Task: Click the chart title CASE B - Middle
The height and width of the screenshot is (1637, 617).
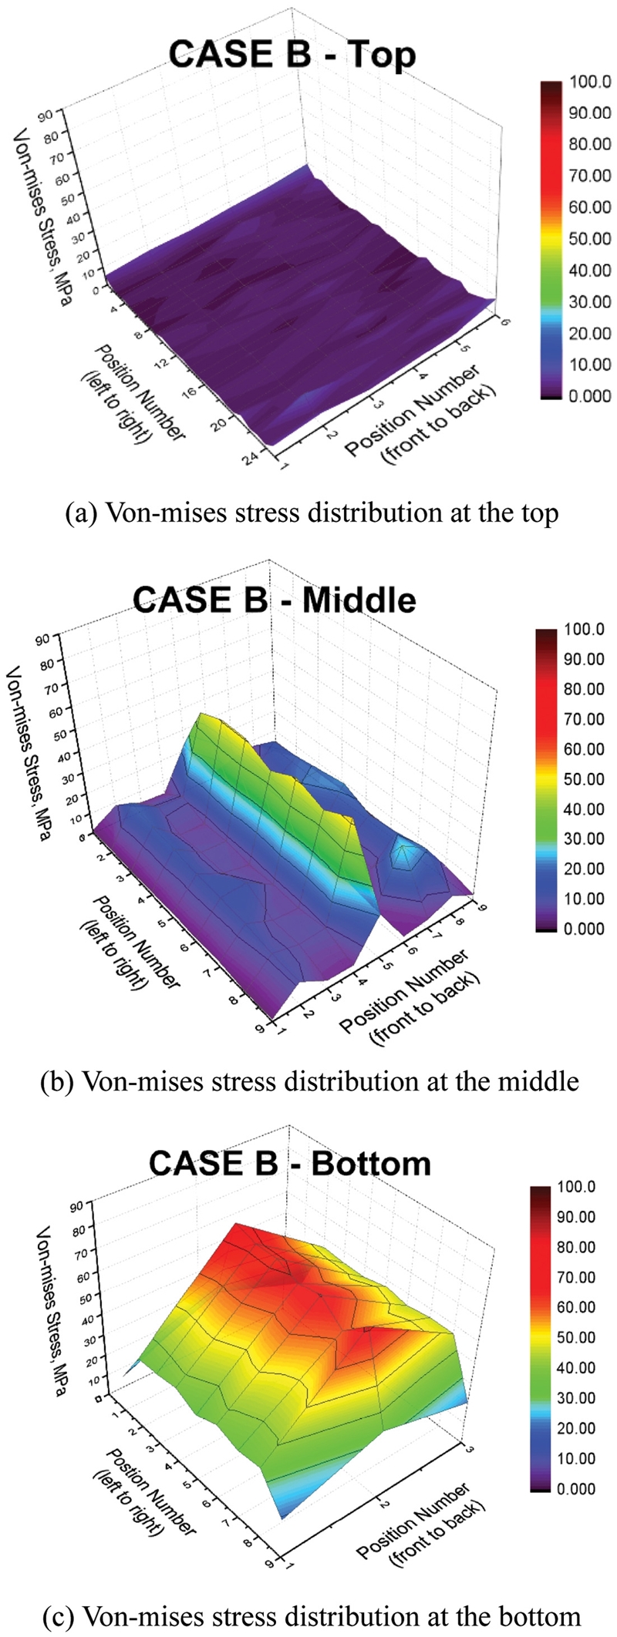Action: (275, 600)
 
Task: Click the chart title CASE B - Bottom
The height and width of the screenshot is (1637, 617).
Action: (289, 1162)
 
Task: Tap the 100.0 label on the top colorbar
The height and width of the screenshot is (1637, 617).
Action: (590, 82)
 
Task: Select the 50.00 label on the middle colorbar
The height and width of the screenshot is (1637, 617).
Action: (584, 779)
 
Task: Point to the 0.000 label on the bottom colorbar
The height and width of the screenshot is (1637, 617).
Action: (576, 1488)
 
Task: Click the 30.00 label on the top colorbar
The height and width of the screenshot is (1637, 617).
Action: (590, 301)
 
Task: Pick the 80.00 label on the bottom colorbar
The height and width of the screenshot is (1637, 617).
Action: (576, 1247)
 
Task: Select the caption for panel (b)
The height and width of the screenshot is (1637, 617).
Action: (308, 1081)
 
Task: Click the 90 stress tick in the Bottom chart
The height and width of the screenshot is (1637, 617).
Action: (76, 1206)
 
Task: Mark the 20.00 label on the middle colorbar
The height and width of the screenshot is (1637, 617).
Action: (584, 869)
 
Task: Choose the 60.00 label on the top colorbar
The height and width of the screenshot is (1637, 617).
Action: (590, 207)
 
